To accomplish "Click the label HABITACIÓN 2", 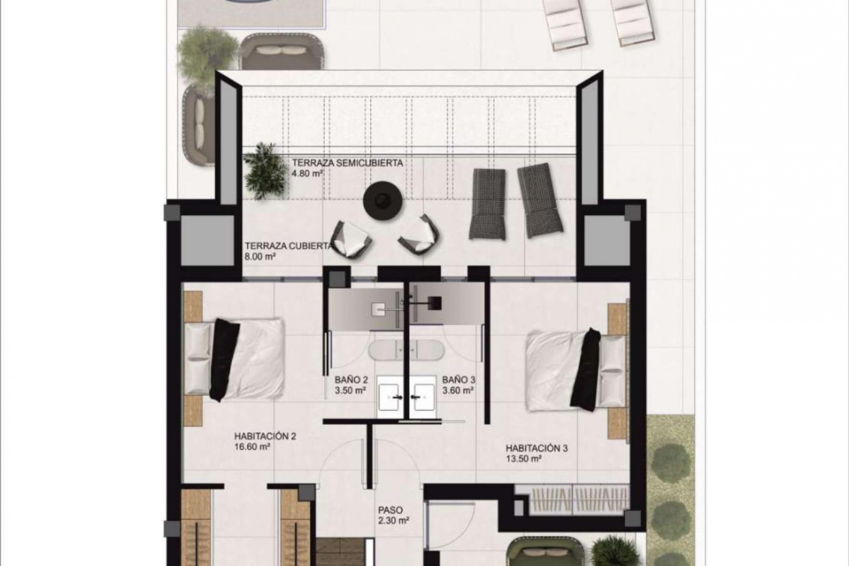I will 265,436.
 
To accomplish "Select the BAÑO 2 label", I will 352,379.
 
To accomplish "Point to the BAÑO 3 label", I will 459,379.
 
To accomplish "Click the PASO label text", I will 390,510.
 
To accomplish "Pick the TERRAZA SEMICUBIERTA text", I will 347,163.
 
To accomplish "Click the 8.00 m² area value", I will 260,256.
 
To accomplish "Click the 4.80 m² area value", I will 306,174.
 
